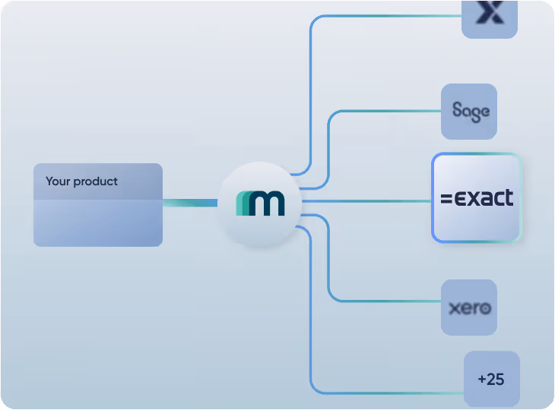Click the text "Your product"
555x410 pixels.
point(81,181)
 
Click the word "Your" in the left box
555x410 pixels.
point(58,181)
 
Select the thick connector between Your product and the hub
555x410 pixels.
point(190,203)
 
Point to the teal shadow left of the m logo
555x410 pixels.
point(242,203)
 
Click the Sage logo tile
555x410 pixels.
point(469,112)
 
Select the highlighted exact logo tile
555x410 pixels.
point(477,198)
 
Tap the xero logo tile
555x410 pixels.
point(469,307)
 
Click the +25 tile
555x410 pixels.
point(491,379)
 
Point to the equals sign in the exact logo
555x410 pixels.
point(446,200)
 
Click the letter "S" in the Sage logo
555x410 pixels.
point(456,110)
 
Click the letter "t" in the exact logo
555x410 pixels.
point(508,198)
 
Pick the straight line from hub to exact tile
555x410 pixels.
point(365,201)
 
